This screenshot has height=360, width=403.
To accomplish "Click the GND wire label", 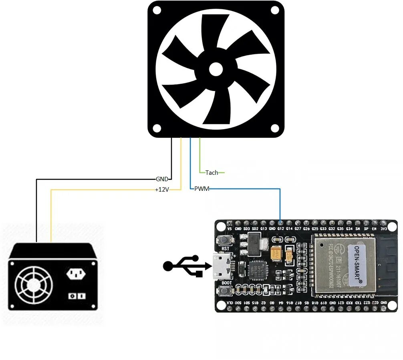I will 162,179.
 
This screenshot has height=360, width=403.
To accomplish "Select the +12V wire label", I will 162,190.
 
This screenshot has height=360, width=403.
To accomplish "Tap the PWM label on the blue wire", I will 201,188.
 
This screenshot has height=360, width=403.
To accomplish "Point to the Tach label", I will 212,172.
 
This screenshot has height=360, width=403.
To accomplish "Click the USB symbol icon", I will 186,265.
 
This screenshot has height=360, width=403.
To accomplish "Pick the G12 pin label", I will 280,229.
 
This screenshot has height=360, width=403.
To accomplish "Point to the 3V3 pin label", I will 383,229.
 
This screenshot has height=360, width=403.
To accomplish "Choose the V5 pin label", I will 229,229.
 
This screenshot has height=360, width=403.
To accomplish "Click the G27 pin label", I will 298,229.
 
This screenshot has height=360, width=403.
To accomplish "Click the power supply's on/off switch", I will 77,296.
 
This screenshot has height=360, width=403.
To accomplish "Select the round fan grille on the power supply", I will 33,285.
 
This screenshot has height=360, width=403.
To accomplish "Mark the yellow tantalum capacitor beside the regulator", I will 276,253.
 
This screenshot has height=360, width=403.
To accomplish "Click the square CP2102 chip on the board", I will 256,270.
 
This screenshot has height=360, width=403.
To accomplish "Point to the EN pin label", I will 375,229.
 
